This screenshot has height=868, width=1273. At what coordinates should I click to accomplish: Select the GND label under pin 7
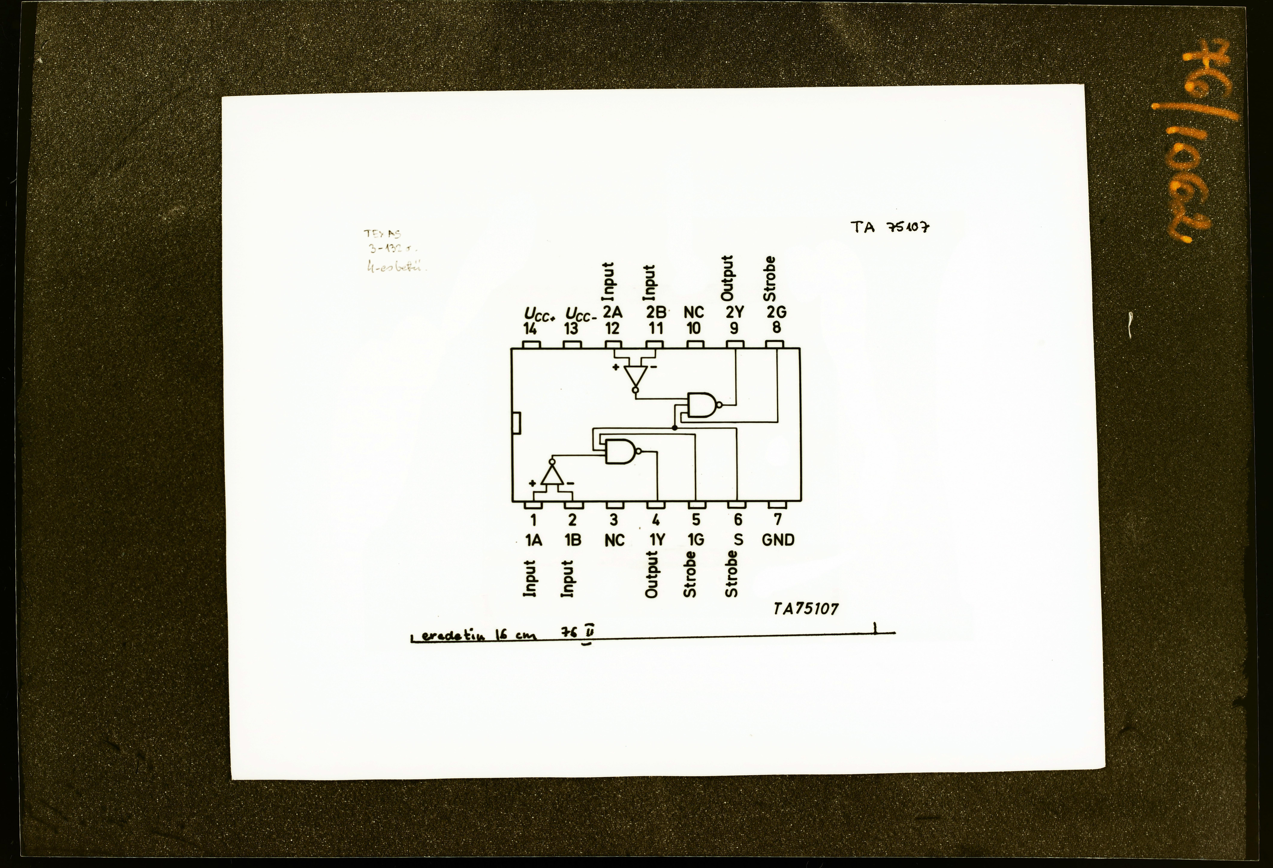[778, 540]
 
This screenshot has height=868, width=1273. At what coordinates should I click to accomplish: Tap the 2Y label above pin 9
[735, 312]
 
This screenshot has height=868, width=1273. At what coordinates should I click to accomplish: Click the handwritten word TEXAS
[382, 234]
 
